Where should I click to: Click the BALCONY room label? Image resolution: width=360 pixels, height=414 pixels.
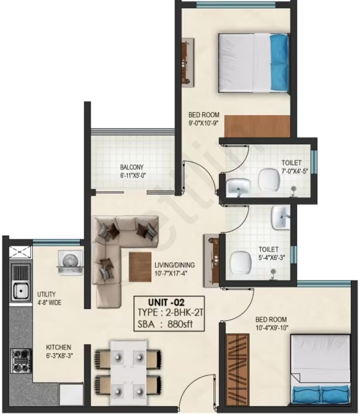[x=132, y=167]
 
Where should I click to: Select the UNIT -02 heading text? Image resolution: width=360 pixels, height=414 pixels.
[x=166, y=302]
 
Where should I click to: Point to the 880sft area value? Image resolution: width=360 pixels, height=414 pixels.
[x=180, y=324]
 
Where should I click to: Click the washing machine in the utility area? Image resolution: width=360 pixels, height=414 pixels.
[x=70, y=263]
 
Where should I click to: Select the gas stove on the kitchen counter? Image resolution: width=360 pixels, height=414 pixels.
[x=21, y=361]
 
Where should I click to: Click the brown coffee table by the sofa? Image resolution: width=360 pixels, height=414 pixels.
[x=140, y=267]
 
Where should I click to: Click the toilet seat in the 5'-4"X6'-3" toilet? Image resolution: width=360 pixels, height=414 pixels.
[x=240, y=263]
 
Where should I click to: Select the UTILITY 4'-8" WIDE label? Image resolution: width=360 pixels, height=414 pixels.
[x=49, y=298]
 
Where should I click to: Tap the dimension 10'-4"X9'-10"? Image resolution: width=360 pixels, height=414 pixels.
[x=272, y=328]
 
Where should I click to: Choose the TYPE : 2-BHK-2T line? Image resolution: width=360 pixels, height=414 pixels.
[x=170, y=313]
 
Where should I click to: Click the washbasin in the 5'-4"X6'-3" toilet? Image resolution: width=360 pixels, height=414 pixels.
[x=281, y=218]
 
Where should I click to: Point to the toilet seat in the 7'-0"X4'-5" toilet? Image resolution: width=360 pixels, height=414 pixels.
[x=269, y=179]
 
